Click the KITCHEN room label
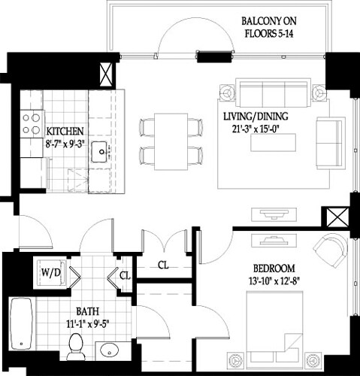(65, 129)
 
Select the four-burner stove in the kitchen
(30, 123)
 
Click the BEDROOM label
(274, 268)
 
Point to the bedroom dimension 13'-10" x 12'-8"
(274, 280)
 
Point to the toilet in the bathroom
(75, 347)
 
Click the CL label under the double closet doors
(163, 264)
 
